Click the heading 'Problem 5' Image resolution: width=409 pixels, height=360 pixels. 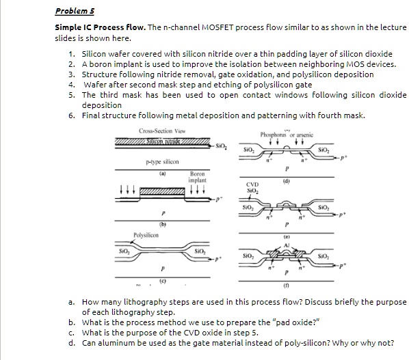click(74, 12)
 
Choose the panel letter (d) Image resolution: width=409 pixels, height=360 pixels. click(285, 180)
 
